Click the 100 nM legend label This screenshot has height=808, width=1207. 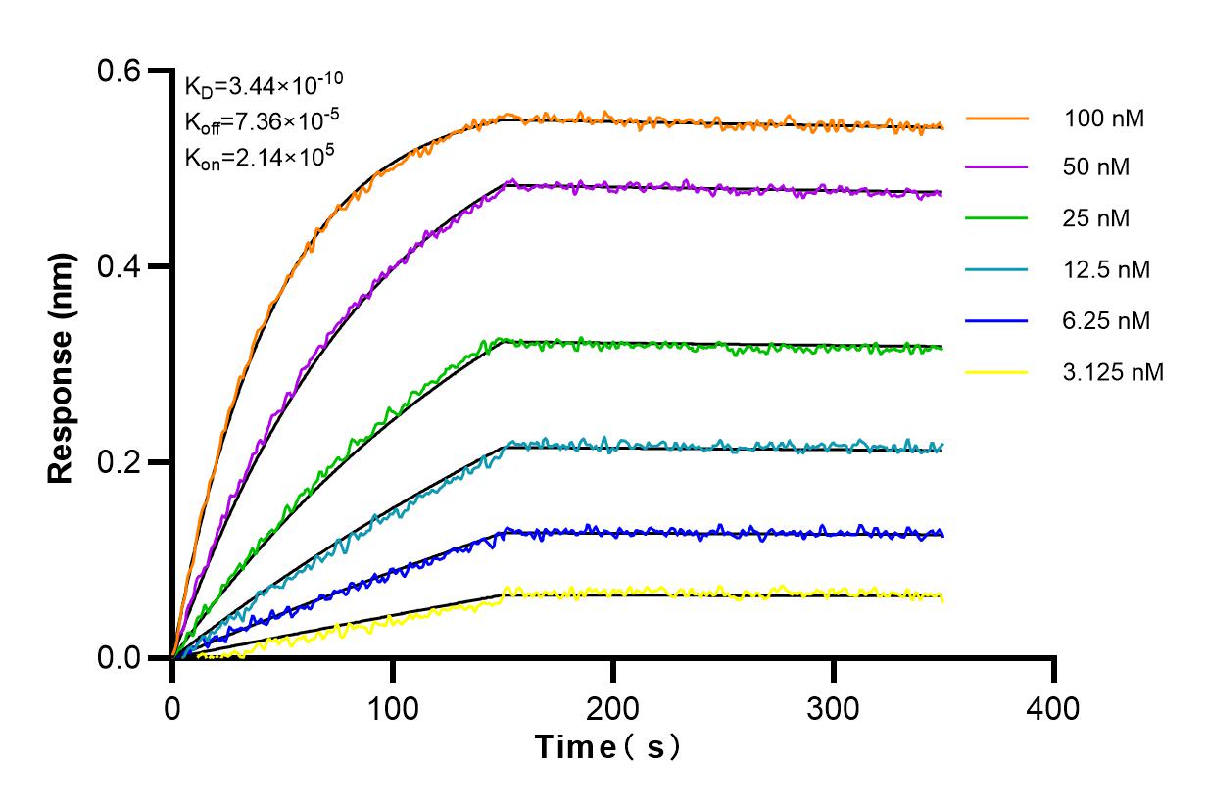tap(1105, 119)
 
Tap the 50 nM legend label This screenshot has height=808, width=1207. tap(1097, 167)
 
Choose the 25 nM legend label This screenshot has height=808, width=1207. tap(1097, 218)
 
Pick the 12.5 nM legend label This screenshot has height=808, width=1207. tap(1107, 269)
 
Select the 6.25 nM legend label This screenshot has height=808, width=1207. tap(1107, 320)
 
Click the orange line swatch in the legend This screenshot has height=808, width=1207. tap(997, 119)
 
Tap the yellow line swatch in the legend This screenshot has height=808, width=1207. tap(997, 372)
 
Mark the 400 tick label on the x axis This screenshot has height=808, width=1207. tap(1054, 706)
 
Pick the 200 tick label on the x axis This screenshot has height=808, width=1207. tap(613, 706)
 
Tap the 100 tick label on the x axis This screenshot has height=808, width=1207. tap(393, 706)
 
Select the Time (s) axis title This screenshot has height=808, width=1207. tap(607, 748)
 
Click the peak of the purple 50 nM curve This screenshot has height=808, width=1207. tap(509, 181)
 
